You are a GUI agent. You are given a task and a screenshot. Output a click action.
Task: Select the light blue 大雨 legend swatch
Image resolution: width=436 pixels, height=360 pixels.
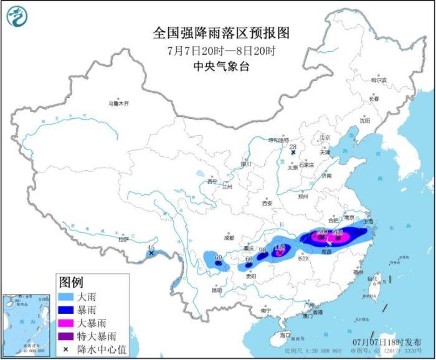click(x=67, y=297)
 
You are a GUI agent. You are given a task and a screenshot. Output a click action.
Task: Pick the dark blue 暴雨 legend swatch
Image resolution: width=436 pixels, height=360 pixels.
click(x=67, y=310)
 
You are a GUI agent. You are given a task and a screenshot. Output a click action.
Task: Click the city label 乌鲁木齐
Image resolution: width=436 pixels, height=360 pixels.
click(x=116, y=104)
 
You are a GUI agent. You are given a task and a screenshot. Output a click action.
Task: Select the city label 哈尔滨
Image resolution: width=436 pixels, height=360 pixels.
click(x=379, y=80)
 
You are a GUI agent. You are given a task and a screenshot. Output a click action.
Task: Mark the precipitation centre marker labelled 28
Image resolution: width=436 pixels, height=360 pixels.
click(x=292, y=151)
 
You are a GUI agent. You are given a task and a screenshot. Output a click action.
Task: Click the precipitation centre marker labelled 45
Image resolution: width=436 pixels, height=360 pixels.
click(x=151, y=253)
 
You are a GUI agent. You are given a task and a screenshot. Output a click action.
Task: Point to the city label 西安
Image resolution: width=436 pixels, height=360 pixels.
click(x=267, y=203)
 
